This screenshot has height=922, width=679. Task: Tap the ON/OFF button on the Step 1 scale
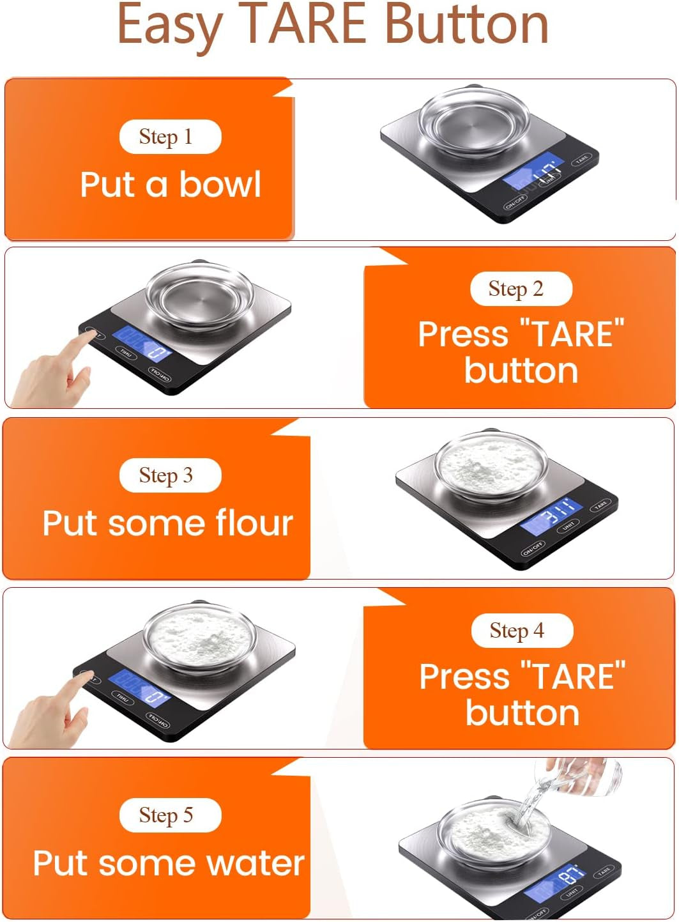(515, 204)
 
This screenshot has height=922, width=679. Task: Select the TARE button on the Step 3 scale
(601, 506)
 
